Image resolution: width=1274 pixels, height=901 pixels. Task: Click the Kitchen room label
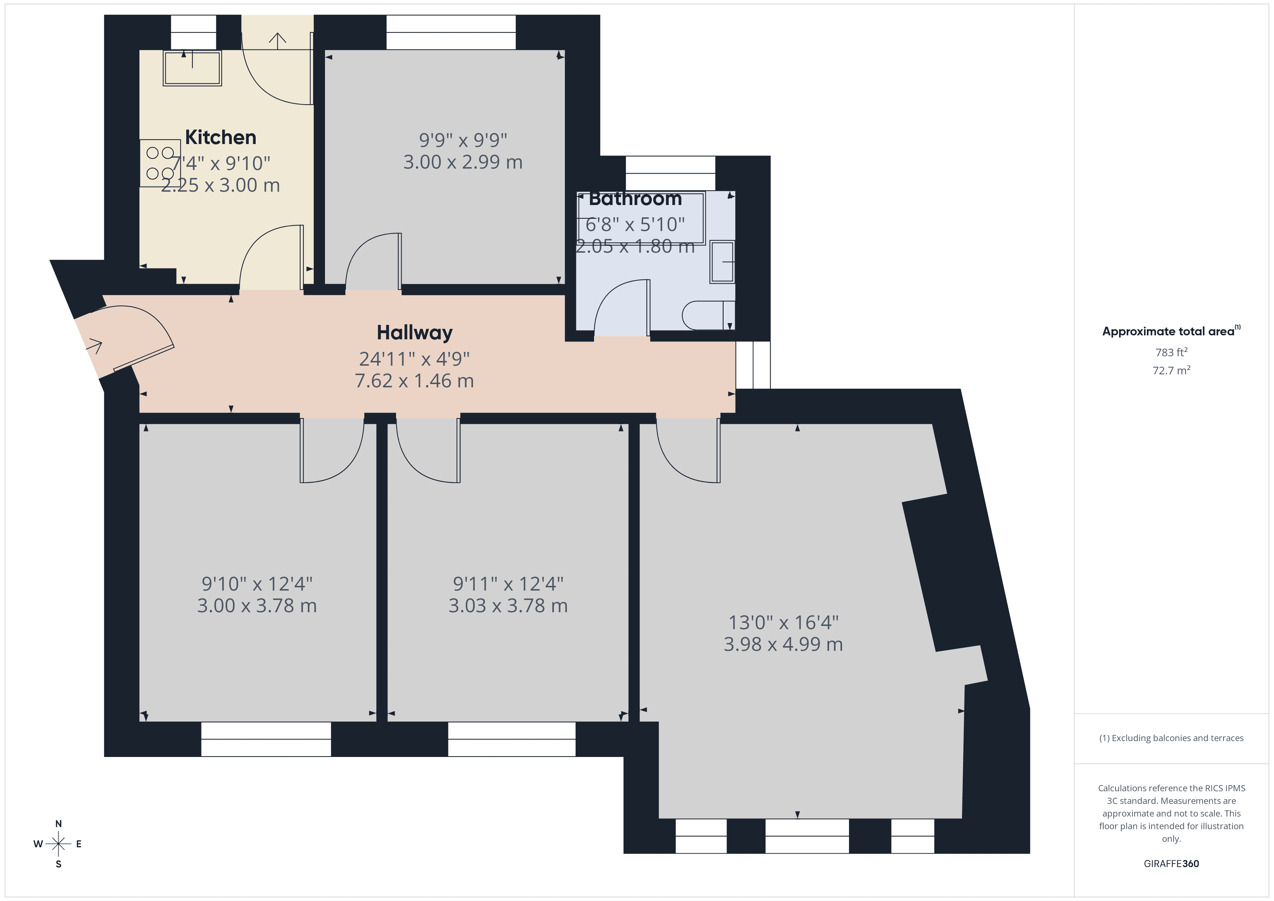[x=220, y=137]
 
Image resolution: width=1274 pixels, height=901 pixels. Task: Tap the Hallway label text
[x=415, y=332]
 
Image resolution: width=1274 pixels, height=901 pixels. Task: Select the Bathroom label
[x=635, y=198]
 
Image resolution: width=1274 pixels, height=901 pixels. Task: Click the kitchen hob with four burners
[x=160, y=163]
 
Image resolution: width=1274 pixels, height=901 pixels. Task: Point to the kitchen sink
[x=192, y=68]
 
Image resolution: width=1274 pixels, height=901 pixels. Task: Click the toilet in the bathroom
[x=707, y=315]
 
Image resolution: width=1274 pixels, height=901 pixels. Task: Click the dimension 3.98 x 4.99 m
[x=783, y=644]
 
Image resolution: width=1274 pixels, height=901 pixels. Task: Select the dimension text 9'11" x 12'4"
[x=508, y=584]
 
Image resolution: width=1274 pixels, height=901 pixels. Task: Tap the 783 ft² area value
[x=1171, y=352]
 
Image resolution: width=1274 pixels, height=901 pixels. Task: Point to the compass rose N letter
[x=58, y=823]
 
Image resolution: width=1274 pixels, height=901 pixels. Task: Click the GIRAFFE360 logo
[x=1171, y=864]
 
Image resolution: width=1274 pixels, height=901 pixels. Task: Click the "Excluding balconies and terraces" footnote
[x=1171, y=738]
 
